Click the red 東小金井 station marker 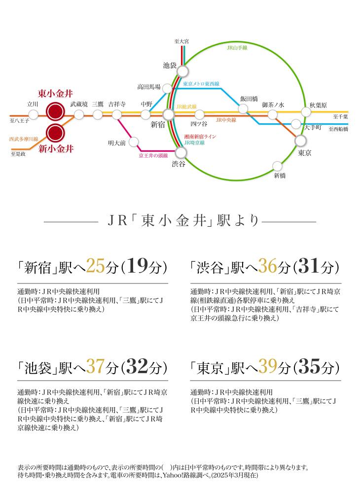(55, 111)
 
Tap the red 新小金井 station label (56, 149)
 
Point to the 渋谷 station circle (181, 153)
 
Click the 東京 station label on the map (304, 153)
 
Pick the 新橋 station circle (277, 166)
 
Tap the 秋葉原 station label (318, 105)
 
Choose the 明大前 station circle (134, 142)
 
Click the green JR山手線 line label (237, 48)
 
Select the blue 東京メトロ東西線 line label (201, 84)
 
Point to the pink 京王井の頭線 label (153, 155)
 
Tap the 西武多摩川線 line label (24, 139)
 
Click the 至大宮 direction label (182, 41)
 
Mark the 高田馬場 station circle (167, 88)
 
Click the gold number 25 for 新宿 (95, 266)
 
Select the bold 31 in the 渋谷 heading (309, 266)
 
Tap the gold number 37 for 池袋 (95, 366)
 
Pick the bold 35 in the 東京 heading (309, 366)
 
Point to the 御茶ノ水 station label (273, 105)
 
